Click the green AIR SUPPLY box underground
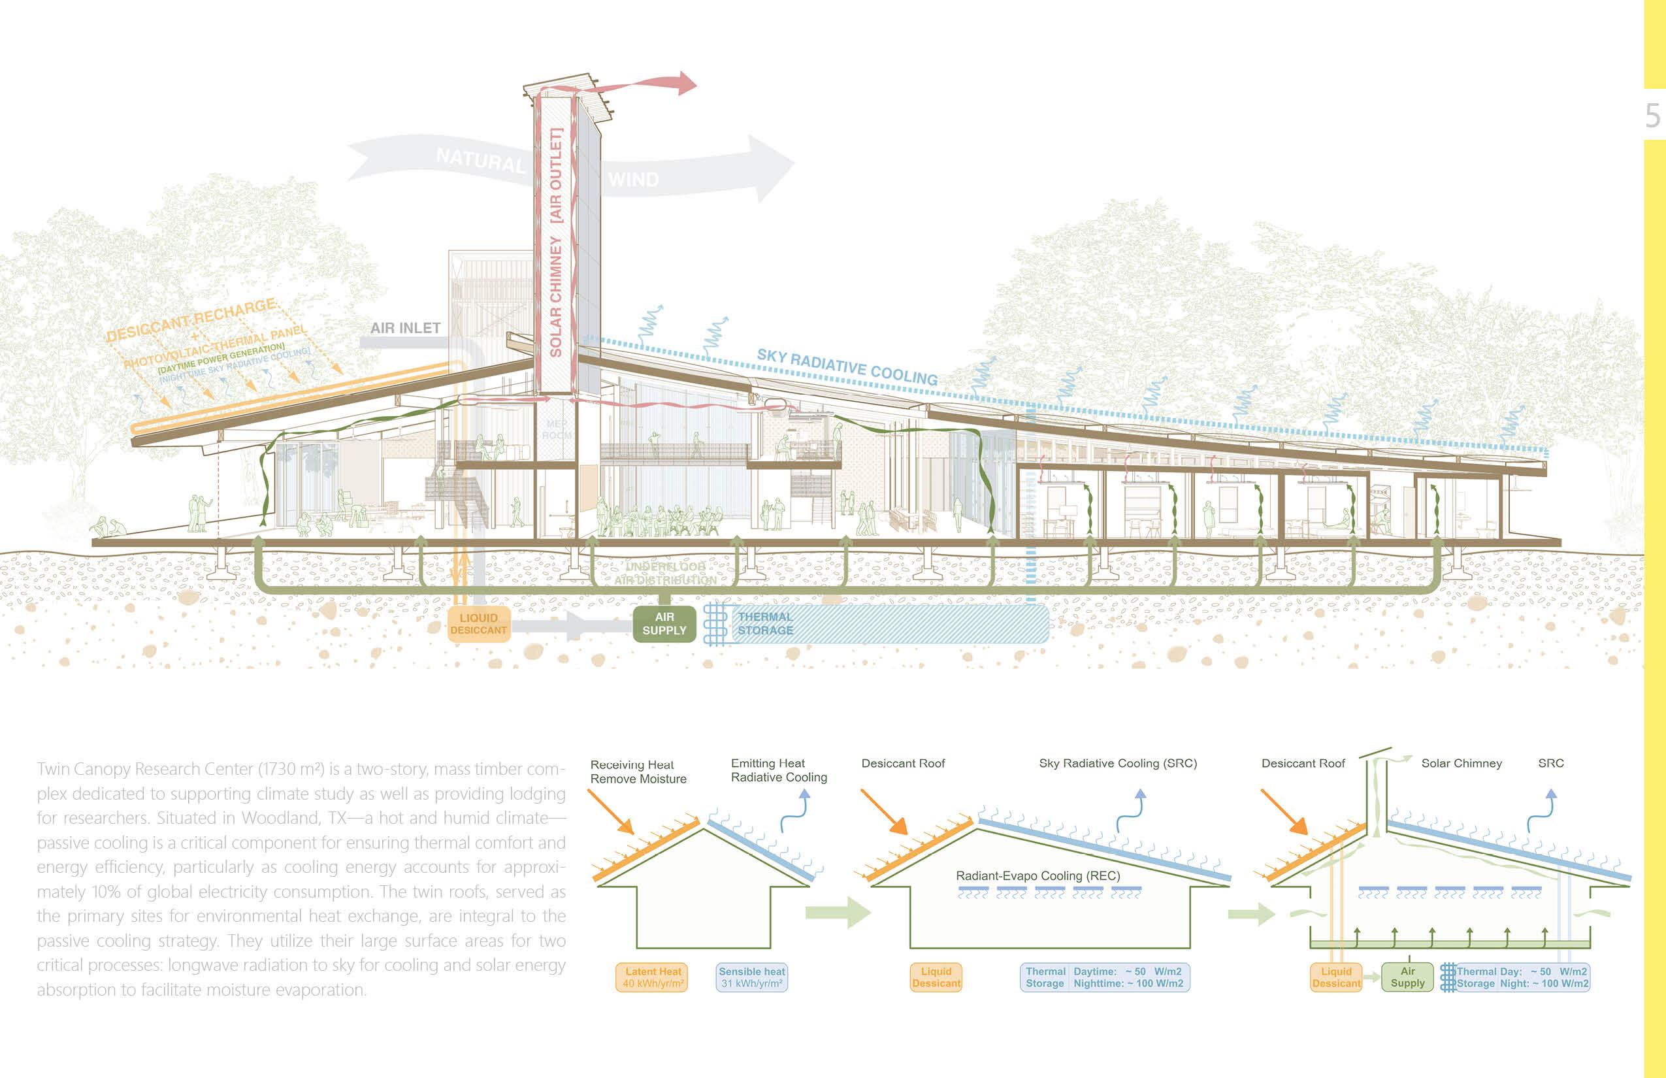pyautogui.click(x=664, y=624)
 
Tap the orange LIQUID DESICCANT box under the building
pyautogui.click(x=478, y=624)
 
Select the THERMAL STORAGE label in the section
pyautogui.click(x=765, y=624)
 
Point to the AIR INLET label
pyautogui.click(x=405, y=327)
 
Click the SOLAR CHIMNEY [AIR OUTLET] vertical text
pyautogui.click(x=556, y=242)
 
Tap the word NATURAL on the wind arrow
pyautogui.click(x=480, y=161)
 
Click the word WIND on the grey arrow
pyautogui.click(x=634, y=180)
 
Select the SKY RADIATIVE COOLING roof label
pyautogui.click(x=847, y=366)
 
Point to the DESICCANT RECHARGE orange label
pyautogui.click(x=191, y=320)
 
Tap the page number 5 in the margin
pyautogui.click(x=1653, y=116)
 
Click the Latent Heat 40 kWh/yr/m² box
pyautogui.click(x=653, y=977)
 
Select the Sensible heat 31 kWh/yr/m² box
pyautogui.click(x=752, y=977)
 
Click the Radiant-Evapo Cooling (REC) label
pyautogui.click(x=1038, y=875)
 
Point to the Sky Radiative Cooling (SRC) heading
pyautogui.click(x=1118, y=763)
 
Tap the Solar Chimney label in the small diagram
pyautogui.click(x=1462, y=763)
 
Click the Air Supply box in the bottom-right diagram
pyautogui.click(x=1408, y=977)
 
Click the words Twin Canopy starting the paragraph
pyautogui.click(x=84, y=770)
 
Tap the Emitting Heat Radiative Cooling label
pyautogui.click(x=778, y=770)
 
